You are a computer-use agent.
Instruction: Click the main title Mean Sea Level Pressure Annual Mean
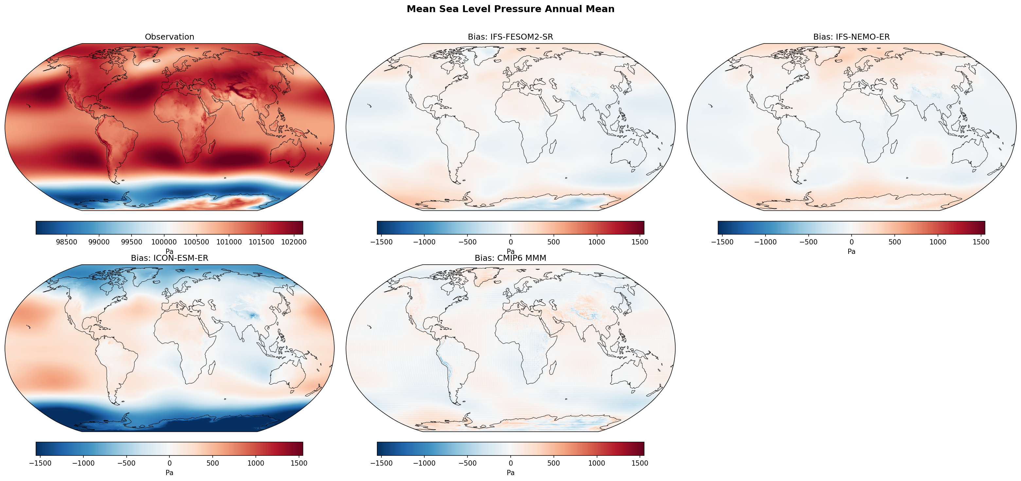[x=510, y=9]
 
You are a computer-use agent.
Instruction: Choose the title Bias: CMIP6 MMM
[x=510, y=258]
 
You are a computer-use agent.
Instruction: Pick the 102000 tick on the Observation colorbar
[x=293, y=242]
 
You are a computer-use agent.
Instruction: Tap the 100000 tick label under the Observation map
[x=164, y=242]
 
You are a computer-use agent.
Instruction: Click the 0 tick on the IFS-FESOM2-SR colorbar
[x=510, y=242]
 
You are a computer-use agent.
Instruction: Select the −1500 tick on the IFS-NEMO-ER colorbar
[x=722, y=242]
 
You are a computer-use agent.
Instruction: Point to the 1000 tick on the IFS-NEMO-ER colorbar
[x=938, y=242]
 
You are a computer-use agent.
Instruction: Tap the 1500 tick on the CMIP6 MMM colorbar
[x=640, y=463]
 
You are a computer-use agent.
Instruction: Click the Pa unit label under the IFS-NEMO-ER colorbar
[x=851, y=251]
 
